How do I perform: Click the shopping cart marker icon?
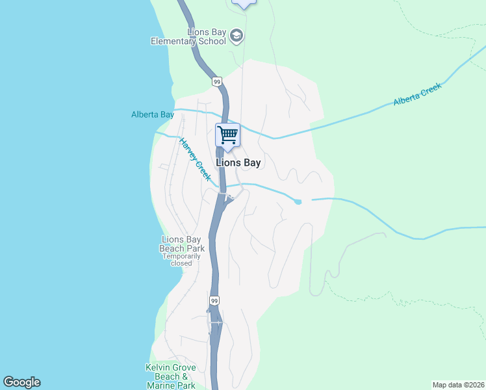point(227,135)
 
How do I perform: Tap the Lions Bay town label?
point(238,163)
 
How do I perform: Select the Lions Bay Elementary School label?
point(188,36)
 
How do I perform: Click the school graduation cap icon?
point(237,36)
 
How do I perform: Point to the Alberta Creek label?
point(417,94)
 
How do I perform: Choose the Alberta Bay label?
point(153,115)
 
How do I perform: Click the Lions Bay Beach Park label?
point(183,244)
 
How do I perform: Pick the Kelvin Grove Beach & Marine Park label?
point(170,376)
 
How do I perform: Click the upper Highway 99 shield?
point(217,81)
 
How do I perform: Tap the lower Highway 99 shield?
point(215,301)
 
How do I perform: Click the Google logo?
point(21,382)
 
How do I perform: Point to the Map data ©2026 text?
point(458,385)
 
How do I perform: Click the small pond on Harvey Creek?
point(298,201)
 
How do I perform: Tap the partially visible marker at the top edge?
point(244,3)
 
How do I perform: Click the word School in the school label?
point(212,42)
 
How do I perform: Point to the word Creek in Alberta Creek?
point(429,89)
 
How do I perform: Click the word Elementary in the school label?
point(173,42)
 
